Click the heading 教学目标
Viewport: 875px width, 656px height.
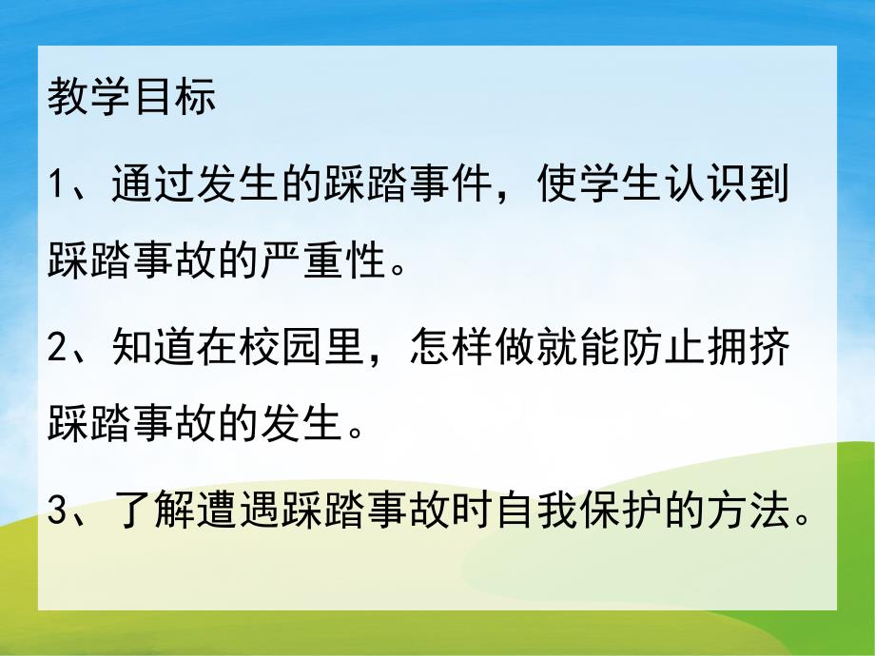131,98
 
